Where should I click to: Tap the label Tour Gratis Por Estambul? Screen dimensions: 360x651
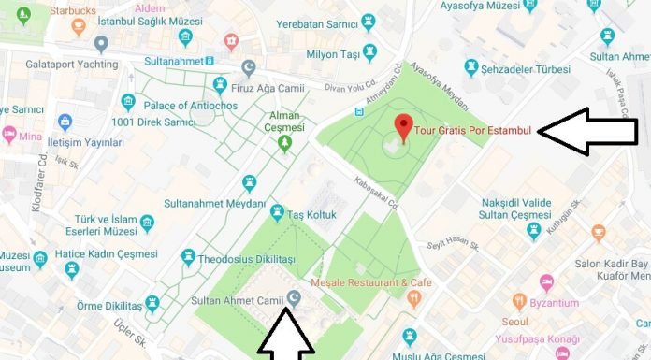pyautogui.click(x=475, y=130)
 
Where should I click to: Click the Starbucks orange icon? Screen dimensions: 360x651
pyautogui.click(x=78, y=24)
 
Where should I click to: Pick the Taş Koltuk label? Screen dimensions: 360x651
pyautogui.click(x=311, y=213)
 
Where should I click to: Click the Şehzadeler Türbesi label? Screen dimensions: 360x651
pyautogui.click(x=533, y=68)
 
